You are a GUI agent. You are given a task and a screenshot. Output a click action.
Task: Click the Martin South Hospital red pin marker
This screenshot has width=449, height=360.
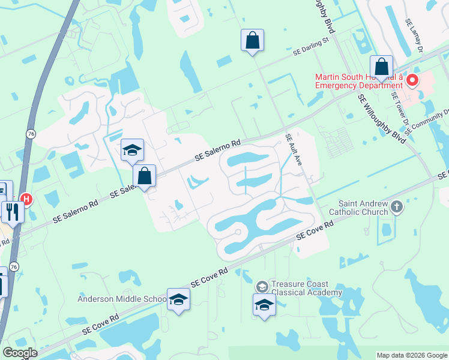pyautogui.click(x=412, y=80)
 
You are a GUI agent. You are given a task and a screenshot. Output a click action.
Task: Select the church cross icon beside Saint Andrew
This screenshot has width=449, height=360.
pyautogui.click(x=396, y=208)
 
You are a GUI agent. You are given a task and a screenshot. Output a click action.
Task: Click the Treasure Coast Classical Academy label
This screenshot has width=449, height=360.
pyautogui.click(x=306, y=288)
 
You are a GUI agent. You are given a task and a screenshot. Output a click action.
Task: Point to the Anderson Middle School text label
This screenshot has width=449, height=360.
pyautogui.click(x=122, y=299)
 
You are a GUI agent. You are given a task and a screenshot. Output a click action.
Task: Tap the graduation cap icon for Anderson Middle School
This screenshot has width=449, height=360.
pyautogui.click(x=178, y=299)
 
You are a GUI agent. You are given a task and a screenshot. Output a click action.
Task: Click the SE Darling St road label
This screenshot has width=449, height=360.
pyautogui.click(x=312, y=48)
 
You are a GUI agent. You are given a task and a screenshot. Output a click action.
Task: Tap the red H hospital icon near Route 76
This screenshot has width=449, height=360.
pyautogui.click(x=26, y=198)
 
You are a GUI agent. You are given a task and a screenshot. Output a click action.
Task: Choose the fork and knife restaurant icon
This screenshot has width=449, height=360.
pyautogui.click(x=12, y=212)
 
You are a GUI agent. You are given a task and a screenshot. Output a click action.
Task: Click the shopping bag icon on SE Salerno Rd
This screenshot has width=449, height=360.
pyautogui.click(x=144, y=176)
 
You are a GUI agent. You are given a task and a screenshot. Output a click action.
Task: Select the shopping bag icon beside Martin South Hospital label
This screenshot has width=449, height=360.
pyautogui.click(x=381, y=67)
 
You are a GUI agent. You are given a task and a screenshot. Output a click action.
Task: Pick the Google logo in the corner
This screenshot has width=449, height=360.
pyautogui.click(x=20, y=353)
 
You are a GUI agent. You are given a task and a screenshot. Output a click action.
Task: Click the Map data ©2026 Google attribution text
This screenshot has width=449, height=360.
pyautogui.click(x=412, y=355)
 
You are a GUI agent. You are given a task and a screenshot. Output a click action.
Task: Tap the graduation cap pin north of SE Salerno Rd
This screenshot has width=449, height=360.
pyautogui.click(x=132, y=150)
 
